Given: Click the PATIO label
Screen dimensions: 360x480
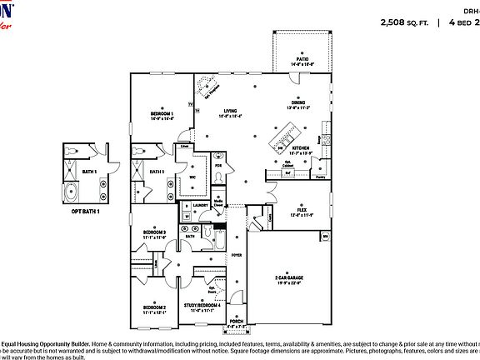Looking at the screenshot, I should (301, 59).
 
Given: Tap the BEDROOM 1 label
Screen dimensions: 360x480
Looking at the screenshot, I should (162, 113).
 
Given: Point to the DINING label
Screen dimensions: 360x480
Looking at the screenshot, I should (298, 104).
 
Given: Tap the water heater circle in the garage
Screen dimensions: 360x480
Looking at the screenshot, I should (324, 236).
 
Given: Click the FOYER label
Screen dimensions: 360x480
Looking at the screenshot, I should (237, 255).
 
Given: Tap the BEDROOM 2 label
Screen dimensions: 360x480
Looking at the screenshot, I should (154, 307).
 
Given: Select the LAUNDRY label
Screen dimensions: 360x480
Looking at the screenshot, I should (200, 204).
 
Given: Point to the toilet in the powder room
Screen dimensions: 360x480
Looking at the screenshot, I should (219, 158).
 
